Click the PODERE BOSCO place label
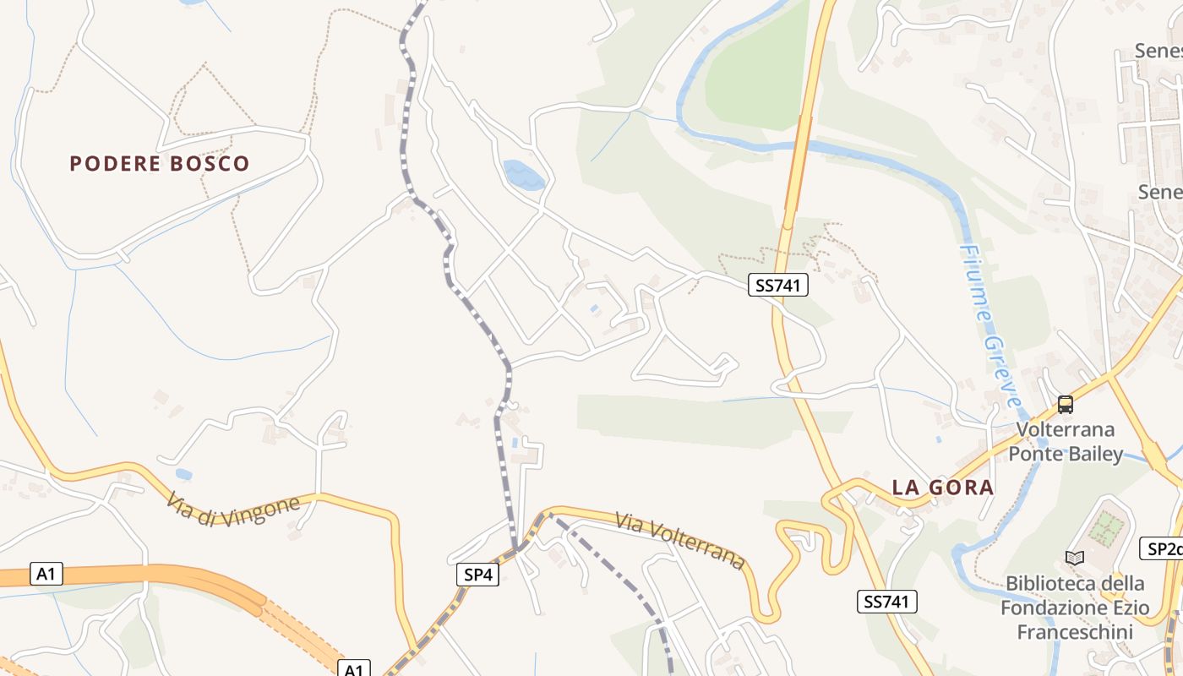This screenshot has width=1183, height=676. click(159, 163)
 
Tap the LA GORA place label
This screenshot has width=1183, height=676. click(943, 488)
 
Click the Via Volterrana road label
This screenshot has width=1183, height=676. click(680, 540)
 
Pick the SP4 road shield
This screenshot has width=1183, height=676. click(477, 575)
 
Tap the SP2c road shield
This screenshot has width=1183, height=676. click(1163, 548)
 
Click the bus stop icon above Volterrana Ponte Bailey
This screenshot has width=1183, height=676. click(1066, 405)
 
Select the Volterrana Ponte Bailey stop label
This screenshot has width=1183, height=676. click(1066, 442)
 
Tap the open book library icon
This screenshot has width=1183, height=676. click(1075, 558)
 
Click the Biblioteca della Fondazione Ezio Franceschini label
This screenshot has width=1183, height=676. click(1074, 608)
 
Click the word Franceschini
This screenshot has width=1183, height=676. click(1074, 632)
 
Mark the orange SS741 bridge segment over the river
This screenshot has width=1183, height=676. click(798, 165)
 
